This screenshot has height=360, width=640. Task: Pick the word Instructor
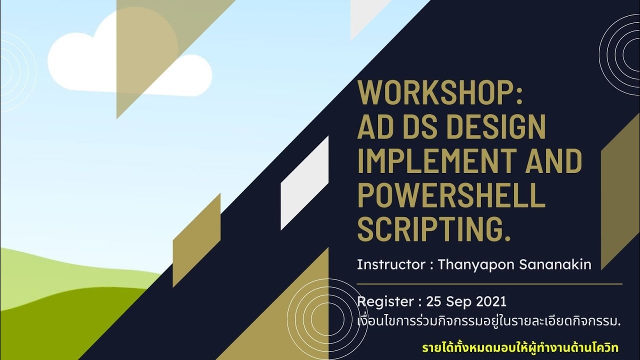coord(391,264)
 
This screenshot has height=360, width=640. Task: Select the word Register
coord(385,302)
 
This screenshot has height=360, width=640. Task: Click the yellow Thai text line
coord(520,347)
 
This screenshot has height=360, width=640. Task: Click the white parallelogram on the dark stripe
coord(304,183)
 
